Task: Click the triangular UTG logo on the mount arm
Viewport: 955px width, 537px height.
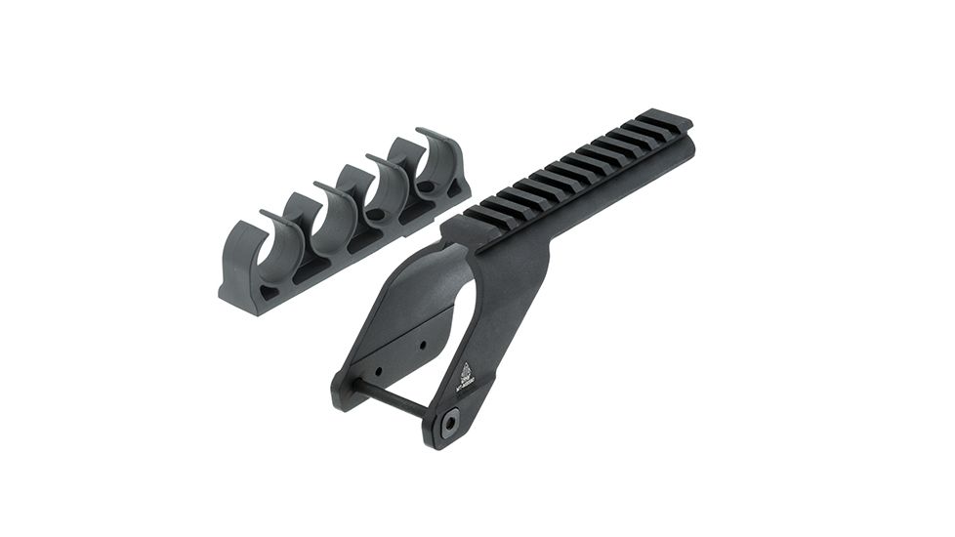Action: tap(465, 371)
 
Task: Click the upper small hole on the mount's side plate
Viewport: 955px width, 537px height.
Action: tap(422, 345)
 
